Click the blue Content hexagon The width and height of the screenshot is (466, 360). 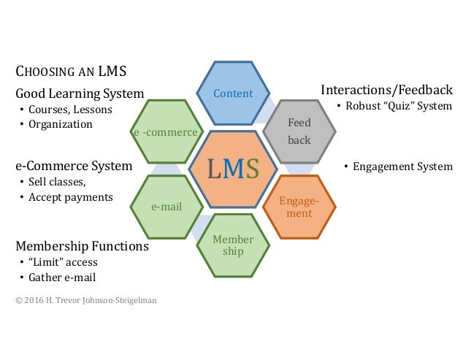[233, 93]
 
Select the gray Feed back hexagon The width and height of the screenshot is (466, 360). [299, 131]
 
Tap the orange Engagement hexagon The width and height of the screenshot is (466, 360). [299, 207]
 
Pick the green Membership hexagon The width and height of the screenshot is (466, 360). [233, 245]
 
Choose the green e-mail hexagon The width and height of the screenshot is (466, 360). [167, 207]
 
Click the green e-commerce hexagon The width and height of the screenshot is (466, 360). [167, 132]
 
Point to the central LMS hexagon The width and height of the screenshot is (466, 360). [233, 169]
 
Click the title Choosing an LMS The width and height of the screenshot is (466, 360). [71, 72]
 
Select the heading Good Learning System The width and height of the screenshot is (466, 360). [80, 93]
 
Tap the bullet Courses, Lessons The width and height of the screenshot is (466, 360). [70, 110]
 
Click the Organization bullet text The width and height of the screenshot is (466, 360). [61, 124]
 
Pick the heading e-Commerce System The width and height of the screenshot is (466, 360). [74, 166]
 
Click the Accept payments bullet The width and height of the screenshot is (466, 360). [70, 197]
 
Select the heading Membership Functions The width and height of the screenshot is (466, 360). [82, 246]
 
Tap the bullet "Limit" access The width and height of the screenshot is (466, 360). [63, 262]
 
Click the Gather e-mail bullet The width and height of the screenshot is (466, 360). [62, 277]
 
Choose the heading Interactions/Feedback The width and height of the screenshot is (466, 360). [386, 89]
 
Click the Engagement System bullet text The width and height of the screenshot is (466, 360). [402, 166]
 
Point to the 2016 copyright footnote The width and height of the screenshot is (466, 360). [86, 299]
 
